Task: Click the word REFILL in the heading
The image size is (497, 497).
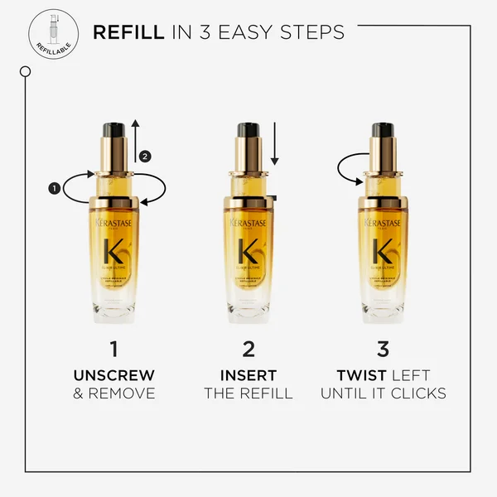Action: point(128,32)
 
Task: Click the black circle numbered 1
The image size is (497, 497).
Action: point(55,189)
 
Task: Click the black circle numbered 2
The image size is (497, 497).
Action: point(146,155)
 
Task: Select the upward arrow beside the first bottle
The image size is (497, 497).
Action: point(136,142)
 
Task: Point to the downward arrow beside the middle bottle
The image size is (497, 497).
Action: point(275,146)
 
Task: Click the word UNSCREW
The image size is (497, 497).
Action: point(114,376)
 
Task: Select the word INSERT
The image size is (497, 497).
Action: point(248,376)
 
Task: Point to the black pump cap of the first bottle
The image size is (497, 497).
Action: point(113,130)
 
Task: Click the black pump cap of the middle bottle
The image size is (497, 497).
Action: point(248,130)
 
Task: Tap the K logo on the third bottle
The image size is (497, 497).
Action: point(382,251)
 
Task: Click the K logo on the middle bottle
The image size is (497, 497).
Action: point(248,251)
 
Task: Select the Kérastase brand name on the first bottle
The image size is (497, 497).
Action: point(114,224)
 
